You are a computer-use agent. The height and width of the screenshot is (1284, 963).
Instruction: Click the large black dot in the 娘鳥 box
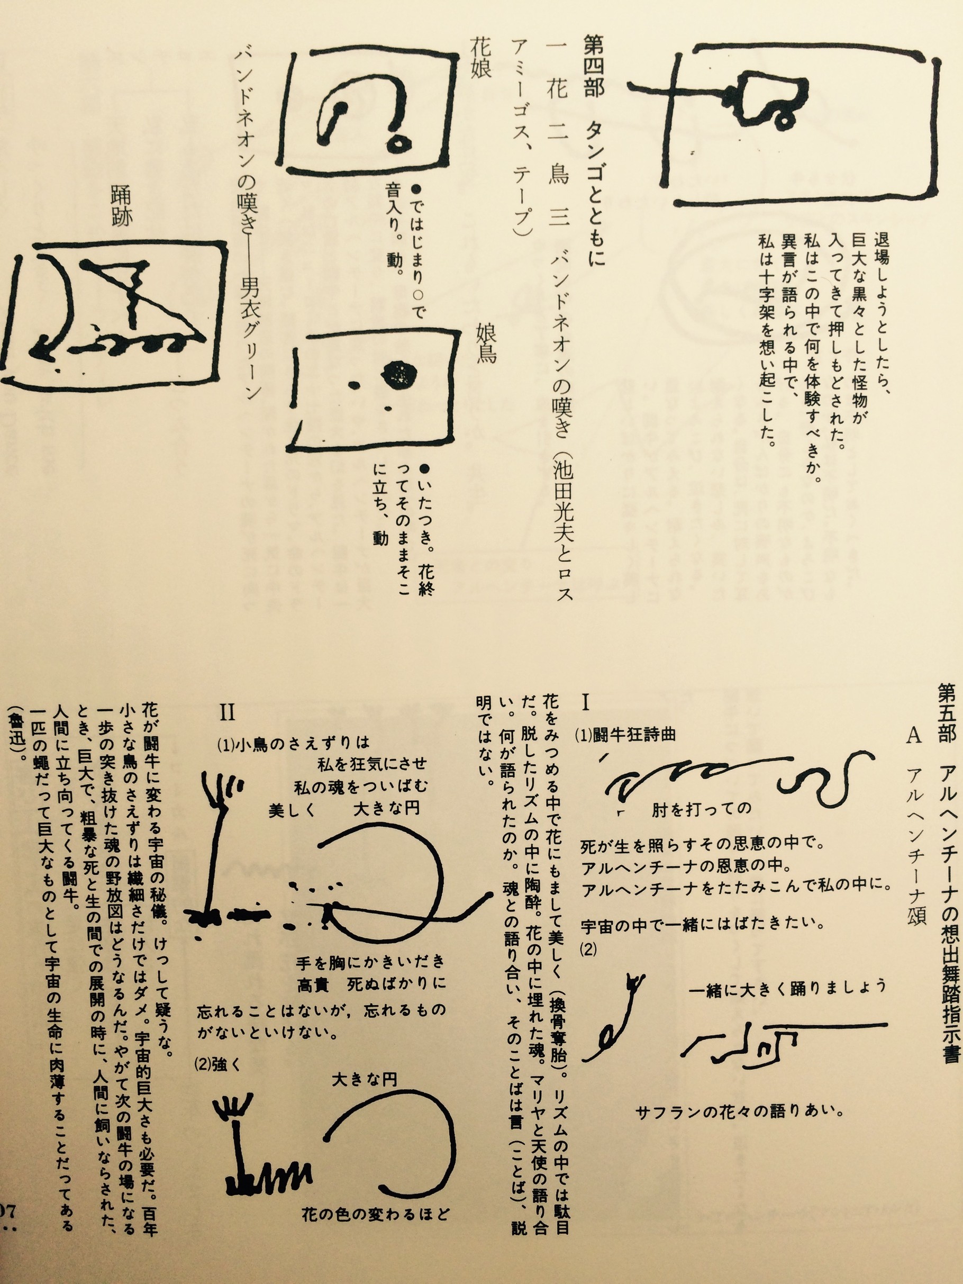(399, 372)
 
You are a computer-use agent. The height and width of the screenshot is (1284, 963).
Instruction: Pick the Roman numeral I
(585, 703)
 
